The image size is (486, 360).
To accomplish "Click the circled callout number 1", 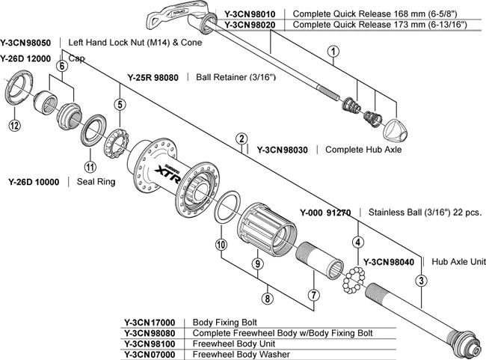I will pos(333,52).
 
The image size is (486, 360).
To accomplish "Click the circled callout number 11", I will pos(90,167).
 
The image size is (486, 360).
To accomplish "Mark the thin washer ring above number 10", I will pos(227,206).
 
